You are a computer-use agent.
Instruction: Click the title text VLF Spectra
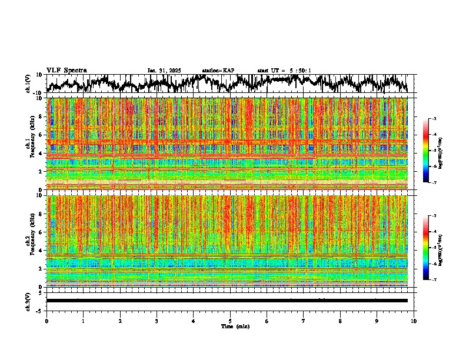pos(66,70)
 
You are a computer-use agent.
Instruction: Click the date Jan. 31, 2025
pos(164,71)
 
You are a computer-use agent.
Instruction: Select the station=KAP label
pos(218,71)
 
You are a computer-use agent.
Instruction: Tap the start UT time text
pos(284,71)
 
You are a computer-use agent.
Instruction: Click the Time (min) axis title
pos(235,326)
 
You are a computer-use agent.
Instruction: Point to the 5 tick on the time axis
pos(230,321)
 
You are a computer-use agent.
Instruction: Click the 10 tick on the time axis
pos(414,321)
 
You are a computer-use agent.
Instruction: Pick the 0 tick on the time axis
pos(46,321)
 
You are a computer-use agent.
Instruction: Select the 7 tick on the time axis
pos(304,321)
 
